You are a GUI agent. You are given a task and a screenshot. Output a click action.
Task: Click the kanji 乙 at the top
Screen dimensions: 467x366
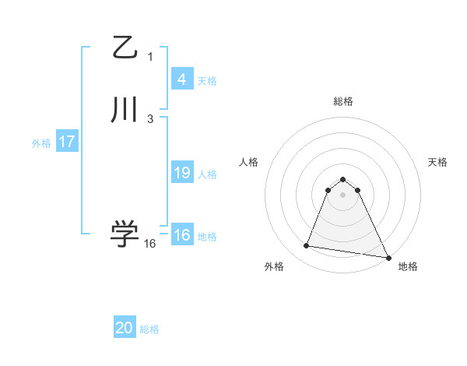(x=125, y=48)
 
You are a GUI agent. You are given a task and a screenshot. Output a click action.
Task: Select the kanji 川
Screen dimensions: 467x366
(x=125, y=110)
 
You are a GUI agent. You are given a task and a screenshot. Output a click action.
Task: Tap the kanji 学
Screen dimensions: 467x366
(x=125, y=233)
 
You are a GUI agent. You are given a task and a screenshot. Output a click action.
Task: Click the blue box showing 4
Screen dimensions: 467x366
(x=181, y=79)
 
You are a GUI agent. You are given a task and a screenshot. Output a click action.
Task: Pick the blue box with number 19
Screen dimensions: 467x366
(x=181, y=173)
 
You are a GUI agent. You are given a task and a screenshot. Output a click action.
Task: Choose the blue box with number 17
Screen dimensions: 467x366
(x=67, y=143)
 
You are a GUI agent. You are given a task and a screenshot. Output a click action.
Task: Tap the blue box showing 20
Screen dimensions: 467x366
(x=125, y=328)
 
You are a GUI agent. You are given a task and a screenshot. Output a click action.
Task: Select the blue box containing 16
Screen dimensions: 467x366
(x=181, y=235)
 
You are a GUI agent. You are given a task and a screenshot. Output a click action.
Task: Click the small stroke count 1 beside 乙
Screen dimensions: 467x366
(x=150, y=56)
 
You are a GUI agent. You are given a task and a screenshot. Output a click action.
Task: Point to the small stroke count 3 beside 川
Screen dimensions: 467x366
(x=150, y=118)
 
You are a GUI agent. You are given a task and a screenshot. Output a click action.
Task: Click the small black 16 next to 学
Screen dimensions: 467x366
(x=150, y=243)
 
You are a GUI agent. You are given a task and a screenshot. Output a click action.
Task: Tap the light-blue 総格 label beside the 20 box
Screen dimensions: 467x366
(x=149, y=330)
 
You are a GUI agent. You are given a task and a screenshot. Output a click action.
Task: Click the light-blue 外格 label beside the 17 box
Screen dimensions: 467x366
(x=41, y=144)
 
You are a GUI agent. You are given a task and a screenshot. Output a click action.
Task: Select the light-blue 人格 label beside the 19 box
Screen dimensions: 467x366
(x=208, y=174)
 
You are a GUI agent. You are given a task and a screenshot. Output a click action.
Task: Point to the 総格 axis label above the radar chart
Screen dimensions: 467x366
(x=342, y=101)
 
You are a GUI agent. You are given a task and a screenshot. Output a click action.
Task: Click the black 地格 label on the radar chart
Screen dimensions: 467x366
(x=408, y=267)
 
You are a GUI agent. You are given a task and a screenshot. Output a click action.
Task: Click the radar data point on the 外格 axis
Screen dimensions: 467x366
(x=307, y=246)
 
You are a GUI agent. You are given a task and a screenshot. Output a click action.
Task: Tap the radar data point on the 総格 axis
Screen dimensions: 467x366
(x=342, y=176)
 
